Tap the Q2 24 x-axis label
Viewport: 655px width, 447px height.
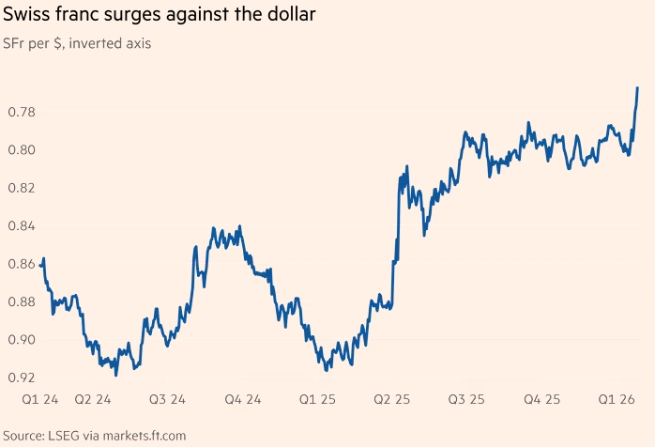click(93, 400)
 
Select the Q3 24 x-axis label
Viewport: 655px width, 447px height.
click(168, 400)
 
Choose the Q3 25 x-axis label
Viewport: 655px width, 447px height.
click(465, 400)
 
